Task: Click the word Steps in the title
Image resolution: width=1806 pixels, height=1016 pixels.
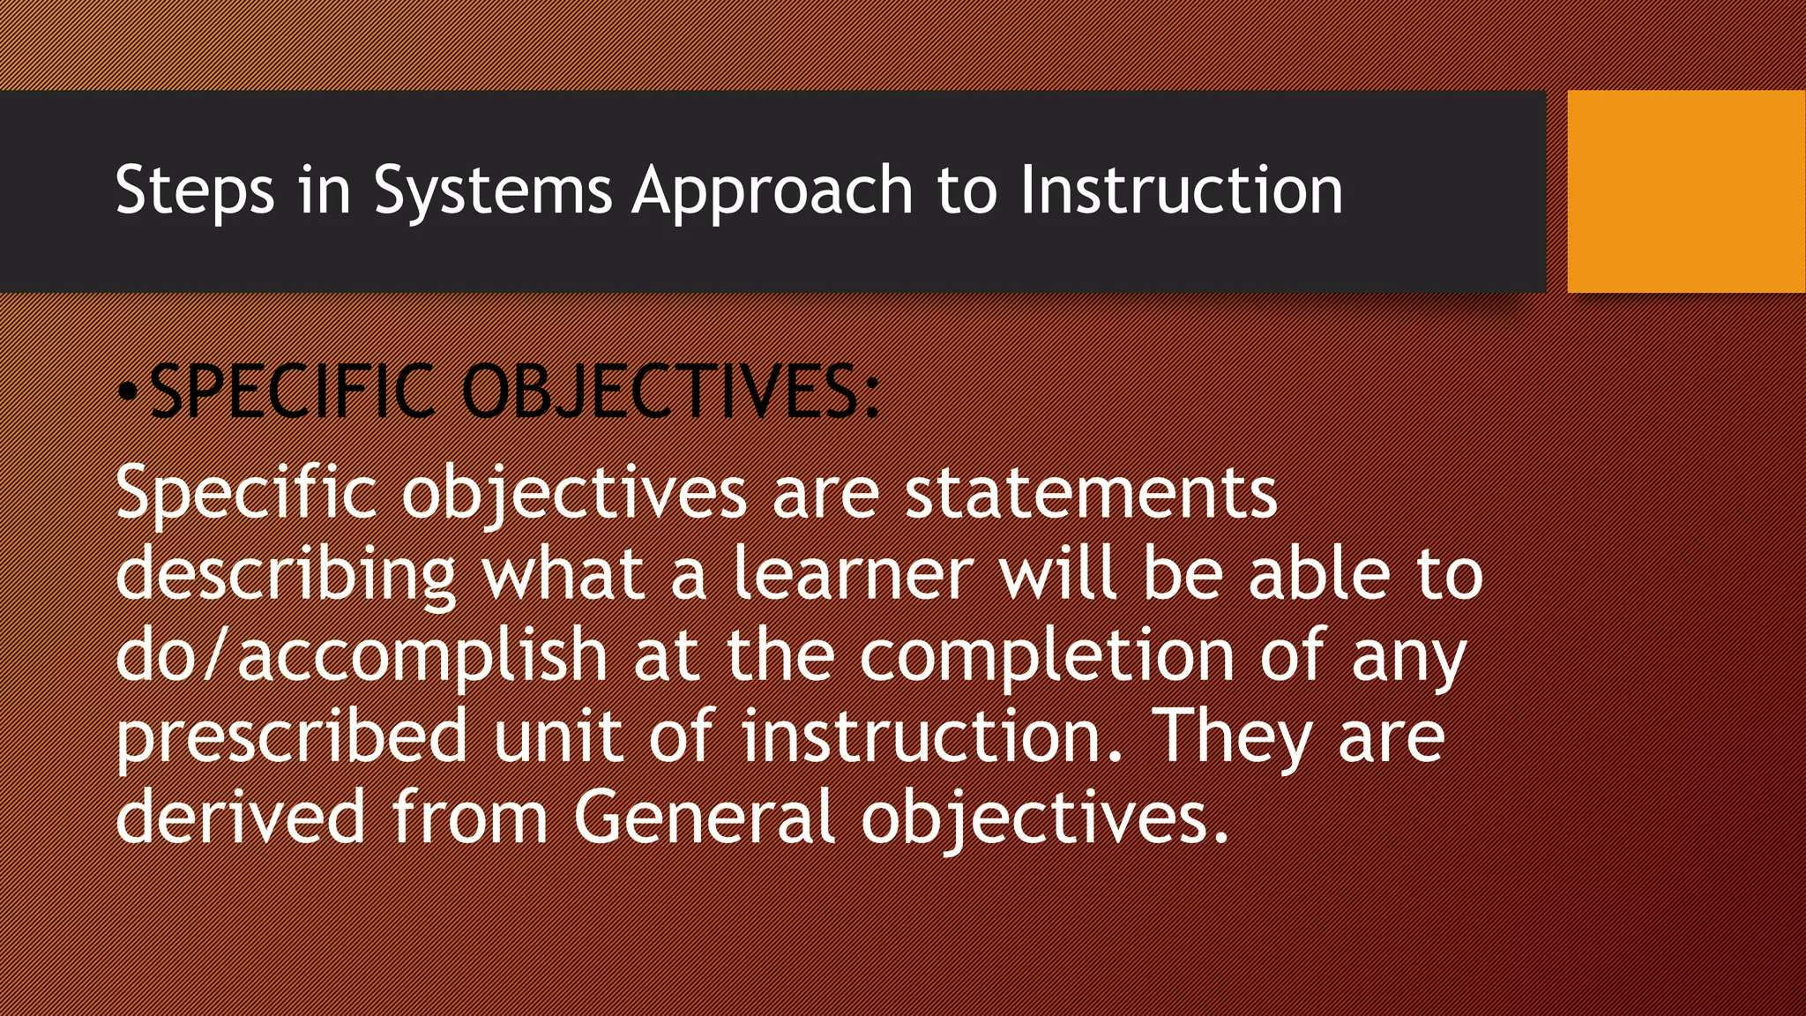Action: coord(195,190)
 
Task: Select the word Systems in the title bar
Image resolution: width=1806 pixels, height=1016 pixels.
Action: coord(492,190)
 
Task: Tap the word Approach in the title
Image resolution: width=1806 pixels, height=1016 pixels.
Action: coord(772,190)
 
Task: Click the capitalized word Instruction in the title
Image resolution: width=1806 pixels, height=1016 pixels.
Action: coord(1181,190)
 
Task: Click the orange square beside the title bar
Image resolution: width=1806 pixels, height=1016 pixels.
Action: coord(1686,191)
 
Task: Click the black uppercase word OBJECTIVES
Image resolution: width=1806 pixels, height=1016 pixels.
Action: coord(670,392)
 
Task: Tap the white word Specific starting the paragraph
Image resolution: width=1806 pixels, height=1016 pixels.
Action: coord(246,492)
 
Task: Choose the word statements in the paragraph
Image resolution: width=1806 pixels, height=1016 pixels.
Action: coord(1091,492)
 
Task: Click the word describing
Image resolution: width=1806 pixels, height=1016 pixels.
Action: coord(286,574)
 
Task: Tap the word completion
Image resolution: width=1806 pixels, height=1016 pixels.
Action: coord(1047,655)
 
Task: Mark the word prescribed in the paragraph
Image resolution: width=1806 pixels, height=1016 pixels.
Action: coord(291,736)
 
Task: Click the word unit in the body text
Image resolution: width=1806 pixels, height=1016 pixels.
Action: coord(558,736)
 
